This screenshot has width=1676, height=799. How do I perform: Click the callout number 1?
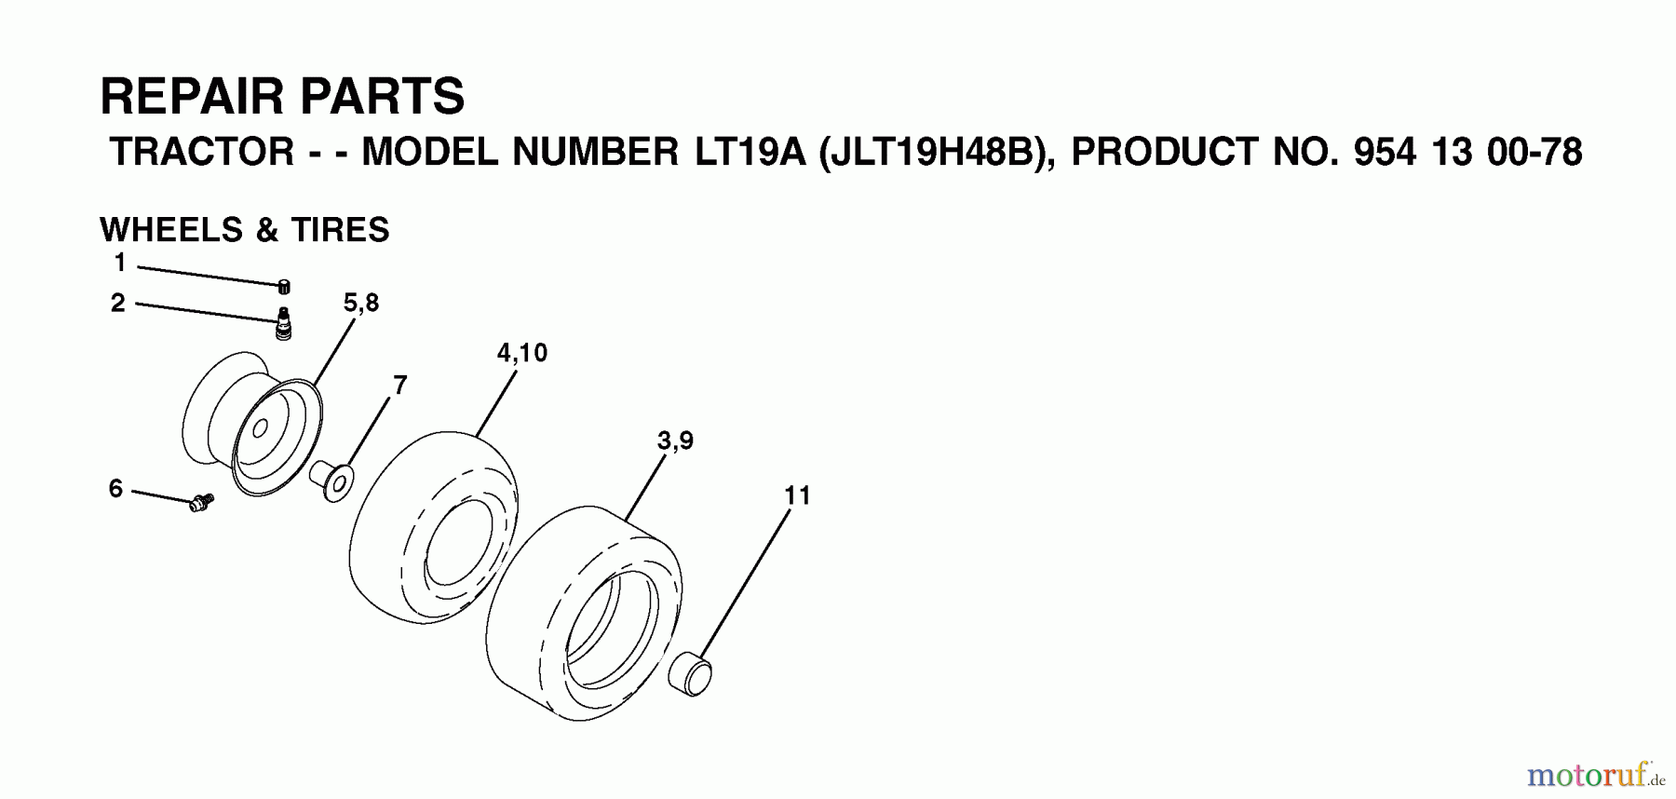119,264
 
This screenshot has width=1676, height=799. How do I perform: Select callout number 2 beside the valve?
118,304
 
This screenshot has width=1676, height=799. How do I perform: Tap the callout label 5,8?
361,303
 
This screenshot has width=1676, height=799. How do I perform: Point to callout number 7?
400,385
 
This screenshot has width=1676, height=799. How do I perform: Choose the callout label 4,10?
522,353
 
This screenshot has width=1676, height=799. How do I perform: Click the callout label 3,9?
675,440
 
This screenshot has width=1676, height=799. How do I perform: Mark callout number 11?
798,495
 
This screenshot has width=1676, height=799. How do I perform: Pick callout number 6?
115,489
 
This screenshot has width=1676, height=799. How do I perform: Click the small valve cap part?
284,286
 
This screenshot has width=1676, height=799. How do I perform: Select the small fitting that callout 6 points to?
200,503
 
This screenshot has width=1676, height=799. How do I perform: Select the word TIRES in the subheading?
341,230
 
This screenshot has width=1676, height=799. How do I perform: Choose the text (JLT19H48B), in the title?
938,153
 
